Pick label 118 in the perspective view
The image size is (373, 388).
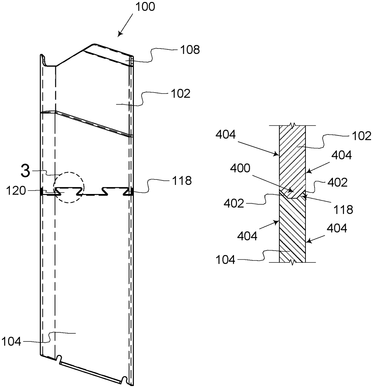click(x=182, y=181)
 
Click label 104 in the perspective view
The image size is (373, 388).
click(x=11, y=341)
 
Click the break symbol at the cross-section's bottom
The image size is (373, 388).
click(x=293, y=263)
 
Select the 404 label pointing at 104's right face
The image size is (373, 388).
click(x=336, y=229)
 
